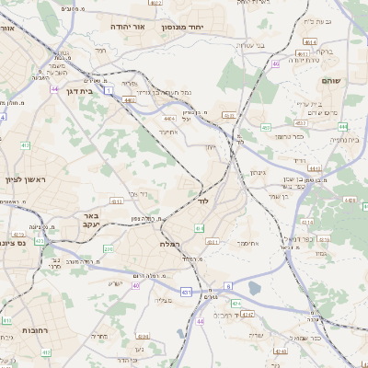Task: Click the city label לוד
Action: [204, 200]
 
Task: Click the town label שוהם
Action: [331, 81]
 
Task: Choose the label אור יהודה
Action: [129, 28]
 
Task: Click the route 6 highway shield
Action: [227, 286]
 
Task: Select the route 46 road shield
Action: [275, 64]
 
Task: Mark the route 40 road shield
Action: [135, 286]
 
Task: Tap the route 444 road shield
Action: [315, 169]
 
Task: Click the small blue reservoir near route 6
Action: [255, 288]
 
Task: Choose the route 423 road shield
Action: [40, 241]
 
